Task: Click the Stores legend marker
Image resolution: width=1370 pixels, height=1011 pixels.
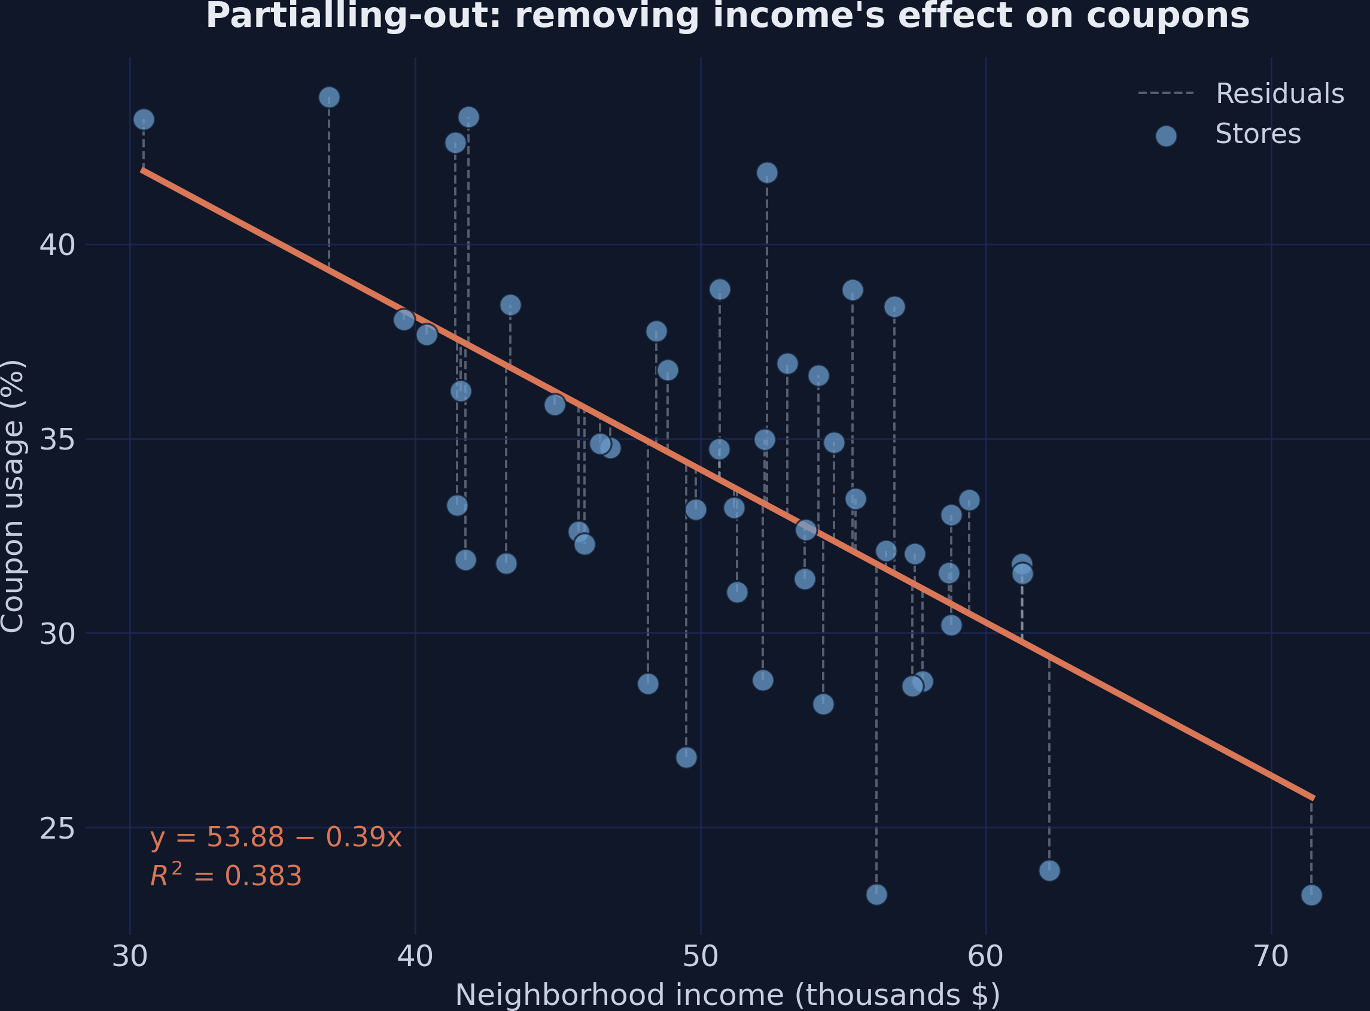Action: (1166, 136)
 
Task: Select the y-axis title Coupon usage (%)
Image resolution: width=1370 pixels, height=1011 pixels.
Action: (12, 496)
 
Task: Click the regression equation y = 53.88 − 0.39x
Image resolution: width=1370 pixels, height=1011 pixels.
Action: (275, 837)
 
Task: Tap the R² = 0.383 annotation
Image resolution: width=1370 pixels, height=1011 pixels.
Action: (226, 876)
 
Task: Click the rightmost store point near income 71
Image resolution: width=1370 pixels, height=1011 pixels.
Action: (1311, 895)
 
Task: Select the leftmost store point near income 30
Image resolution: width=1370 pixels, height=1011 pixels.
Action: (144, 119)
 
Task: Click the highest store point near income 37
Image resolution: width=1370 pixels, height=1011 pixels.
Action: (329, 98)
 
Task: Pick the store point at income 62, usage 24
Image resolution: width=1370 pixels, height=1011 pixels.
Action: (1049, 870)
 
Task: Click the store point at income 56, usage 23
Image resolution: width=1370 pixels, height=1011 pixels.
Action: (876, 895)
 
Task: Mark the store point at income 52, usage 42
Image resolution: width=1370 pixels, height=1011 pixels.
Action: (767, 172)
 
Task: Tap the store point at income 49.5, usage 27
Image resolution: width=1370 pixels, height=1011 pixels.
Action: (686, 758)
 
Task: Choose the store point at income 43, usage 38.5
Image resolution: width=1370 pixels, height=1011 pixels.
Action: (510, 305)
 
